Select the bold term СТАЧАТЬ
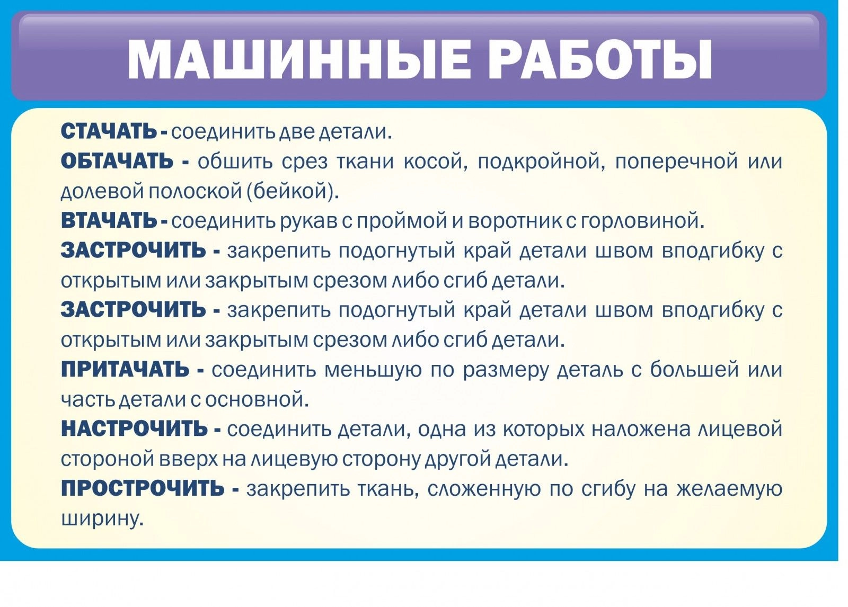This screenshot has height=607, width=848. click(x=109, y=132)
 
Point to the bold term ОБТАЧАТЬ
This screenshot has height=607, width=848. click(x=117, y=162)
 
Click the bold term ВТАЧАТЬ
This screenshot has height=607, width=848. click(x=109, y=221)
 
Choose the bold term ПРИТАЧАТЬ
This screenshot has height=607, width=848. click(x=125, y=369)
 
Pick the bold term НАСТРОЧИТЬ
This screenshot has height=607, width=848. click(x=135, y=429)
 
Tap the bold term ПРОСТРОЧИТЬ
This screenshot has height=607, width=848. click(x=143, y=488)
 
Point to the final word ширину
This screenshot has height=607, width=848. click(x=103, y=519)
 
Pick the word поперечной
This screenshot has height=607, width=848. click(x=676, y=163)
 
